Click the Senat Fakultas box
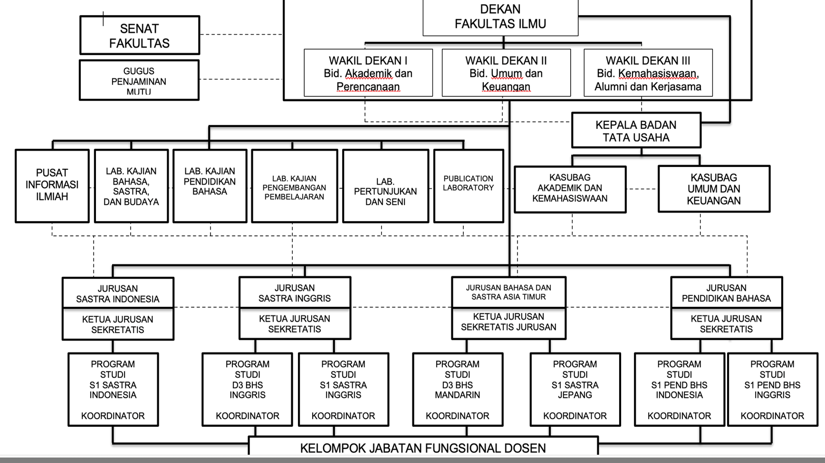point(139,36)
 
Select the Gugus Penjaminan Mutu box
point(139,80)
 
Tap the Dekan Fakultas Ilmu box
point(500,18)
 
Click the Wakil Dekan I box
point(368,73)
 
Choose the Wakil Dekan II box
point(506,73)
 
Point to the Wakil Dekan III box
point(648,73)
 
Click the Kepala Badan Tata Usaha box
point(636,131)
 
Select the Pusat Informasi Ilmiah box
point(52,185)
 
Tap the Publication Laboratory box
point(468,185)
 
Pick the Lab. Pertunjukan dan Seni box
point(385,191)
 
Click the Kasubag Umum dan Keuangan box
point(713,189)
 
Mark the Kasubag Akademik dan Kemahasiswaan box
point(569,188)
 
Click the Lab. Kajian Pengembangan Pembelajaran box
point(294,187)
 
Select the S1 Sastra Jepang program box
point(575,389)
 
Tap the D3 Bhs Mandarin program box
point(457,389)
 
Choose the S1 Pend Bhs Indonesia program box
point(679,389)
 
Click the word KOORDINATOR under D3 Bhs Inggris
point(247,416)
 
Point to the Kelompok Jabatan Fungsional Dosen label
point(423,448)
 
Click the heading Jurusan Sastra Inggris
point(294,293)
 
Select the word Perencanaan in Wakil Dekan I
point(368,87)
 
